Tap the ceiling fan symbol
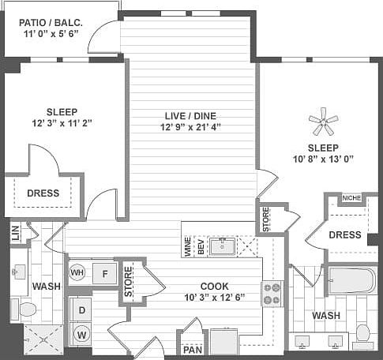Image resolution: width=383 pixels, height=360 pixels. point(323,122)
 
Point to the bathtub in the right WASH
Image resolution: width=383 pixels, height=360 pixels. point(352,282)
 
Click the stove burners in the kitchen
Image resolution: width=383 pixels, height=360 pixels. point(272,294)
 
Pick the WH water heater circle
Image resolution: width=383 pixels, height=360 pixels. point(77,273)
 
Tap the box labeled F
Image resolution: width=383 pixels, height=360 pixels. point(105,274)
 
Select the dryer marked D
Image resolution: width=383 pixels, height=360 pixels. point(81,310)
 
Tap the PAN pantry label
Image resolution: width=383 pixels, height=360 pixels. point(191,349)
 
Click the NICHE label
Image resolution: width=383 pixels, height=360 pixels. point(352,198)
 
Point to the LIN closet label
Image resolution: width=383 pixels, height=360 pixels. point(15,233)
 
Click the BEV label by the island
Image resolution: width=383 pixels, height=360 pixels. point(201,247)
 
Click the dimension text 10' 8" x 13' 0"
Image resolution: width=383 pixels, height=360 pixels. point(322,159)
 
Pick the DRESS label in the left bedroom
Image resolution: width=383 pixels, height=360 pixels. point(43,193)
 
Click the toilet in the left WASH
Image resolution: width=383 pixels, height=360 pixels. point(26,309)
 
